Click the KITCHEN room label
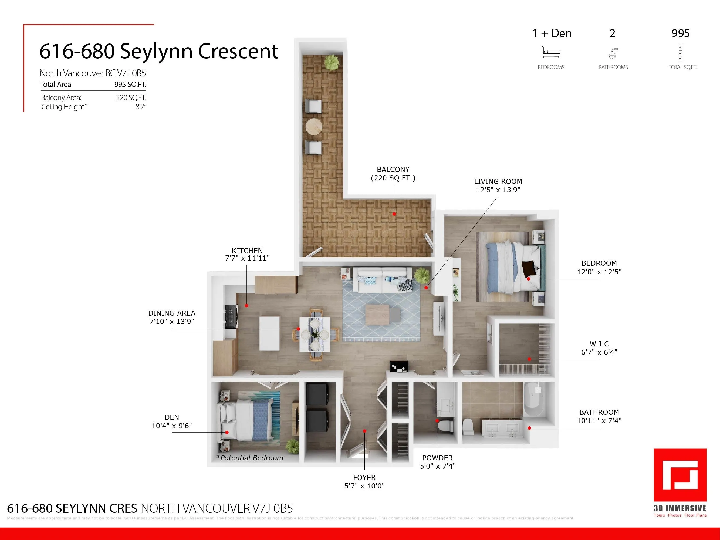[x=247, y=251]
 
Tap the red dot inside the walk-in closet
[x=529, y=359]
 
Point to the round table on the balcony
[x=314, y=126]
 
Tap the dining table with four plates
[x=315, y=334]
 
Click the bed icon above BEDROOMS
[x=551, y=52]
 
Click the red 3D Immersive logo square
[x=680, y=475]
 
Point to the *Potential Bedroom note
[x=250, y=458]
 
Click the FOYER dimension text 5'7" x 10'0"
[x=364, y=486]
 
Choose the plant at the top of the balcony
[x=332, y=62]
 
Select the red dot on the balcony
[x=394, y=214]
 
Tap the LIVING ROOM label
[x=498, y=181]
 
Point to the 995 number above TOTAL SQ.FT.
[x=680, y=33]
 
